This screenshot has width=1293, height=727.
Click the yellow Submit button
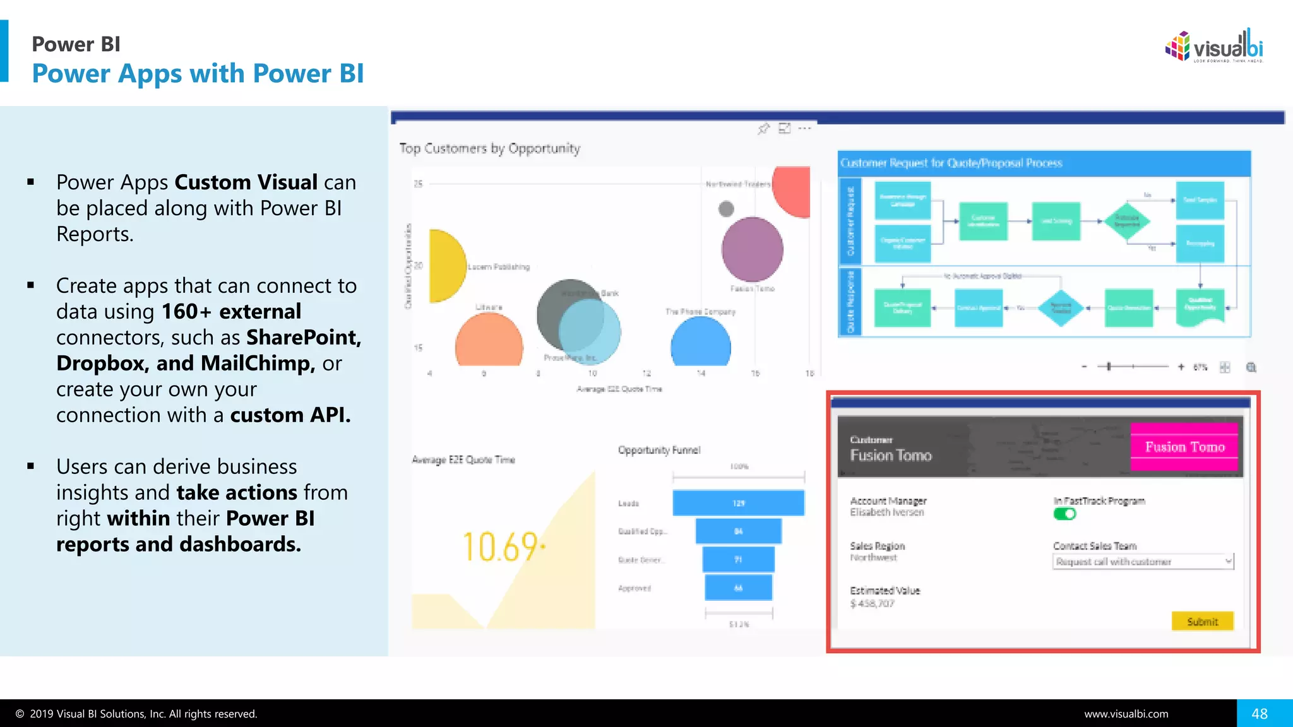click(x=1202, y=621)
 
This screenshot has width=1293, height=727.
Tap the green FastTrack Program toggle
click(x=1064, y=514)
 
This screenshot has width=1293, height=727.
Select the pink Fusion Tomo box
click(x=1184, y=447)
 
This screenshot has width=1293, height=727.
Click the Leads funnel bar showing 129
click(x=738, y=503)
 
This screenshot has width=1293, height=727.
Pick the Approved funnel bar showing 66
click(x=738, y=588)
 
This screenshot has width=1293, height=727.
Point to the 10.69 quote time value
click(x=501, y=547)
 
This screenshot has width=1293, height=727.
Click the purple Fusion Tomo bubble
click(x=752, y=249)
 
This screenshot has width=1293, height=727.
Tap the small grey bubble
click(x=726, y=208)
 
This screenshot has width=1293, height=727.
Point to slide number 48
click(x=1260, y=714)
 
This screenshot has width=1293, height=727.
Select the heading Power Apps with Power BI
click(x=198, y=73)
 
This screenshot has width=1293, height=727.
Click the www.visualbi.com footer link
click(x=1126, y=714)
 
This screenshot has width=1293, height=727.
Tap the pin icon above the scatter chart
click(x=763, y=129)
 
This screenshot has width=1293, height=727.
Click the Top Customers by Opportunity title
click(x=489, y=148)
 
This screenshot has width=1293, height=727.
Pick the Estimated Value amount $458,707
click(x=872, y=603)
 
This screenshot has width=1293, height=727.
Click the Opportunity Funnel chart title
click(x=658, y=450)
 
